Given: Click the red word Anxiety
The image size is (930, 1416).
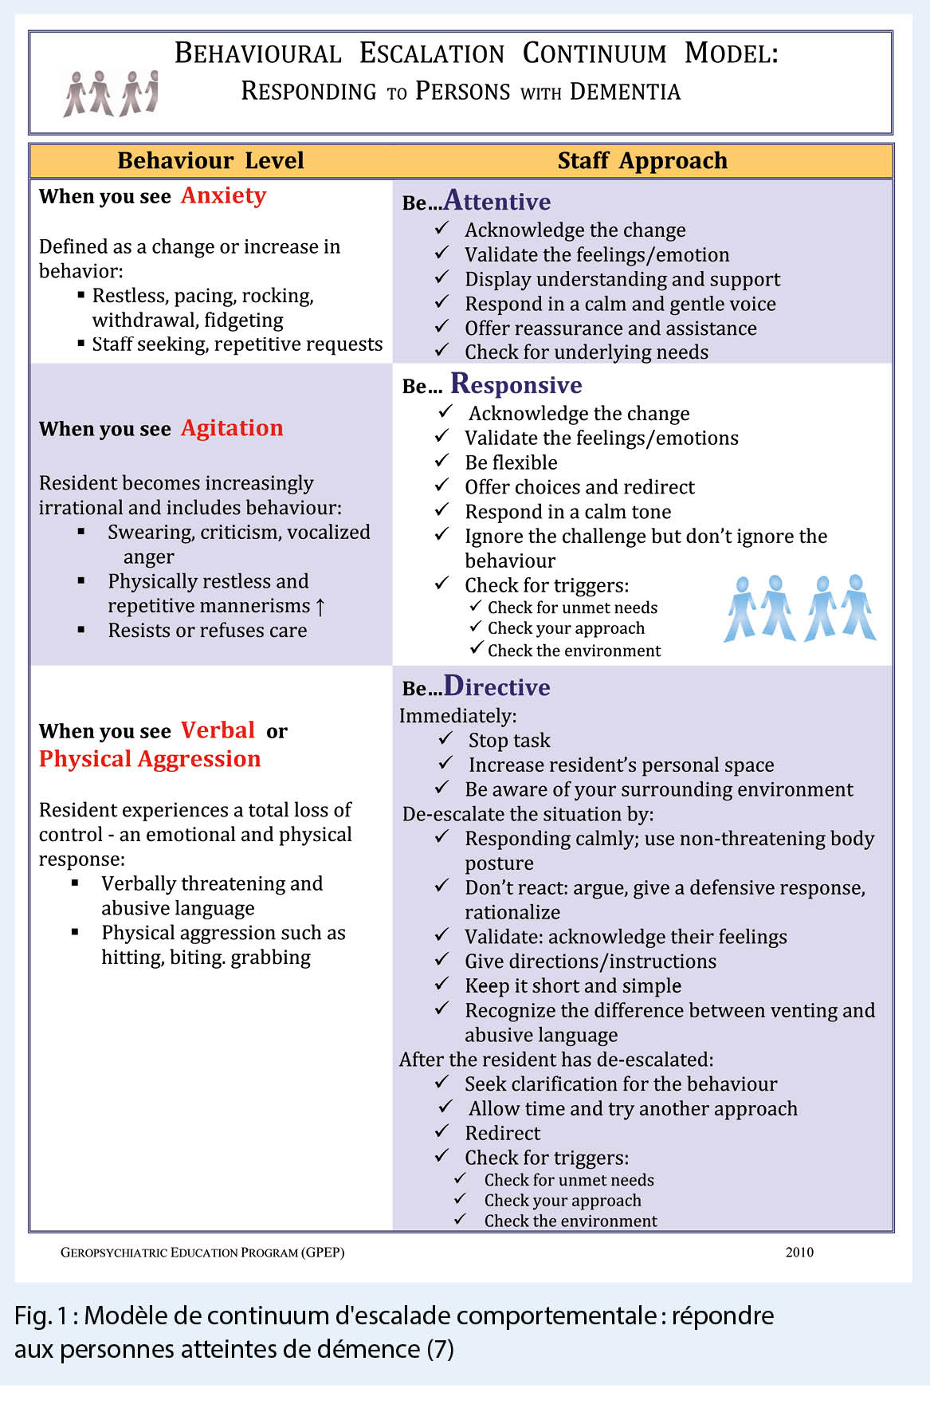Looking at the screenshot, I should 223,195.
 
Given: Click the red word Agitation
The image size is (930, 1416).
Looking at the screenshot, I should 232,428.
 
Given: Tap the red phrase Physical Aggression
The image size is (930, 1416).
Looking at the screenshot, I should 150,758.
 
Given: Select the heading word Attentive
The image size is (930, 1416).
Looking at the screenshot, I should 497,201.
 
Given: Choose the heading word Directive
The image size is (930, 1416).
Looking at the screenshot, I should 497,686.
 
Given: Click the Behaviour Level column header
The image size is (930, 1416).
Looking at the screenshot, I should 210,160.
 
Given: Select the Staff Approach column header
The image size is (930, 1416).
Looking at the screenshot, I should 642,160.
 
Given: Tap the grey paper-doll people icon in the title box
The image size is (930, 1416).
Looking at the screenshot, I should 111,93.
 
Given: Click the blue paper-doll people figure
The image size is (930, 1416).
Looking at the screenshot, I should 799,608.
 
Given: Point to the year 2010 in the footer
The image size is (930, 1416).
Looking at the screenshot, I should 799,1252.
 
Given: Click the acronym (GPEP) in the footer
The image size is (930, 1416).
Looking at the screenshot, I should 323,1252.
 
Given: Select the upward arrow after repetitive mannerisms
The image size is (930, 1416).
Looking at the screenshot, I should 320,607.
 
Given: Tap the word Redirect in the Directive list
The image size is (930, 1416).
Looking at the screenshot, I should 503,1133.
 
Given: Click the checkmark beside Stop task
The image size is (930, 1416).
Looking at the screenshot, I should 445,739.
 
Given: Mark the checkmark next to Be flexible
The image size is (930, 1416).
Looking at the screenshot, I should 442,462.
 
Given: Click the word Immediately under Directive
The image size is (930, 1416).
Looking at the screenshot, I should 457,716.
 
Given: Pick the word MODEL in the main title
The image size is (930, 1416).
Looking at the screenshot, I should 731,53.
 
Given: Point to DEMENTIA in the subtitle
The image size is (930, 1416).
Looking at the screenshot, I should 626,92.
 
